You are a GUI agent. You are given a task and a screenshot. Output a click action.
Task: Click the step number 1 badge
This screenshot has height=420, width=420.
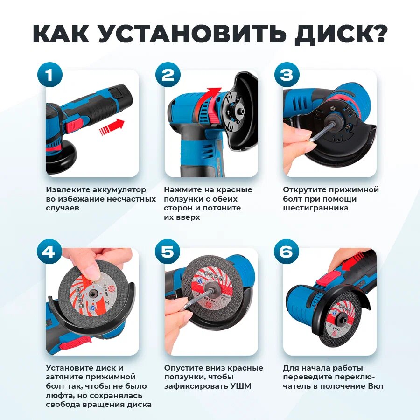pyautogui.click(x=50, y=75)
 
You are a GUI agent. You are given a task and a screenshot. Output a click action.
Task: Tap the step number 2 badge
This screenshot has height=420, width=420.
pyautogui.click(x=168, y=75)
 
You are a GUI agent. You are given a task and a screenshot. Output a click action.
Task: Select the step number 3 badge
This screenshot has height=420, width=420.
pyautogui.click(x=287, y=75)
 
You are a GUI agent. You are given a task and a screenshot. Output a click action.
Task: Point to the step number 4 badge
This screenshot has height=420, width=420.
pyautogui.click(x=49, y=252)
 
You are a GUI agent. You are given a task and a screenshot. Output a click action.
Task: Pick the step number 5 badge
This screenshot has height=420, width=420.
pyautogui.click(x=168, y=252)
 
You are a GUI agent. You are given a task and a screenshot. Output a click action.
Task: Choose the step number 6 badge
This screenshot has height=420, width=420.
pyautogui.click(x=287, y=252)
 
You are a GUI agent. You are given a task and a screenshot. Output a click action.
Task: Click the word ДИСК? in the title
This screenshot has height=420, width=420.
pyautogui.click(x=340, y=34)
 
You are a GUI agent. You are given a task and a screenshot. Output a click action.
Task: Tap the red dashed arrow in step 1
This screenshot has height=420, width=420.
pyautogui.click(x=112, y=126)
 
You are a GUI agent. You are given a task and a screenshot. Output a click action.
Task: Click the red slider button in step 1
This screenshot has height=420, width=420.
pyautogui.click(x=75, y=126)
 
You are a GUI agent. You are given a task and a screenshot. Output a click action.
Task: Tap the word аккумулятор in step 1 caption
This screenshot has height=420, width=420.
pyautogui.click(x=119, y=190)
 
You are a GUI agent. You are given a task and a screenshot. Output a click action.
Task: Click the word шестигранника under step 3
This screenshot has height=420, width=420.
pyautogui.click(x=315, y=208)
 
